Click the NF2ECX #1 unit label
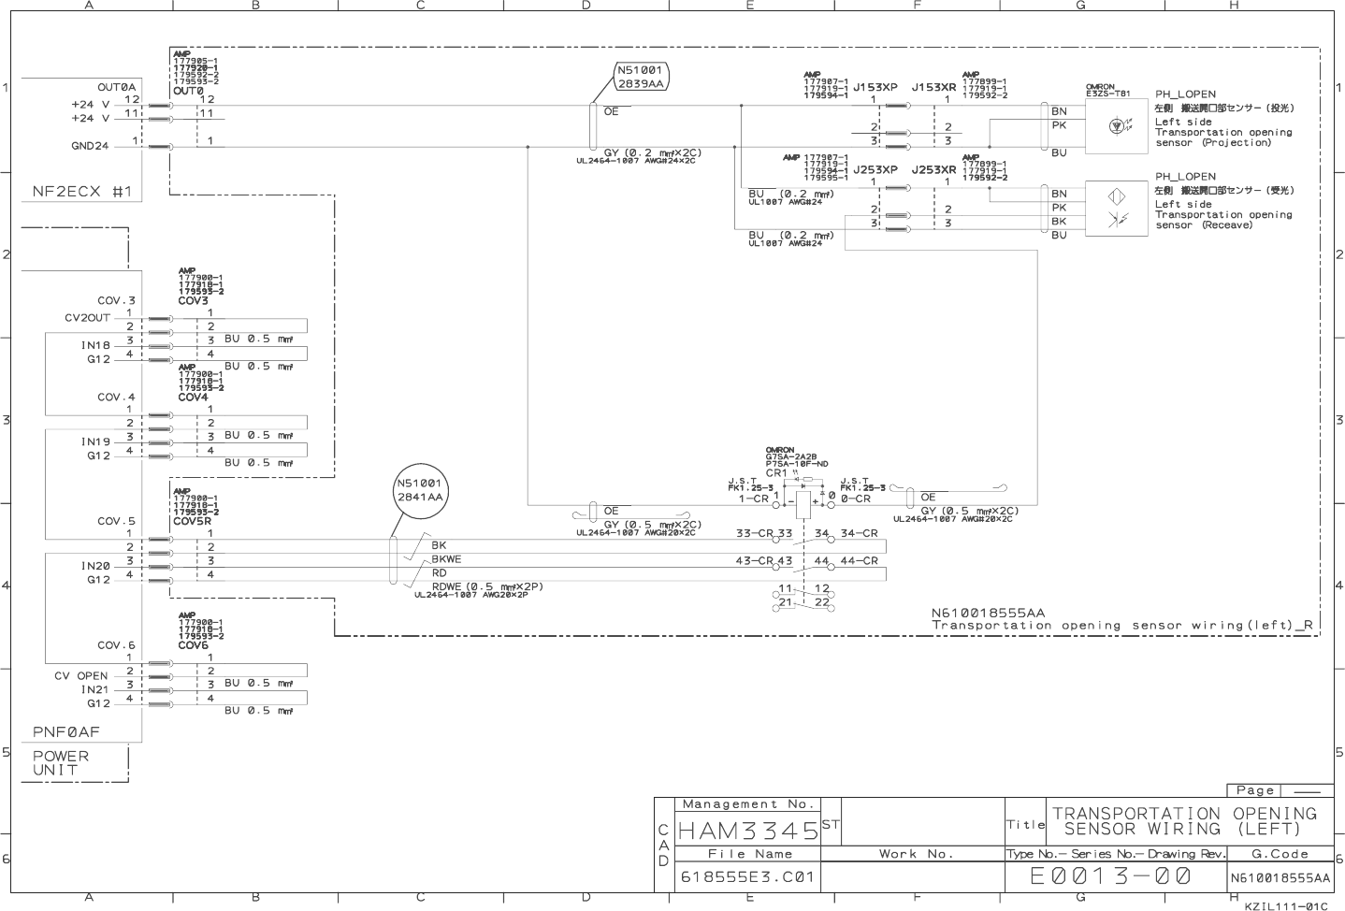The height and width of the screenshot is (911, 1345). pos(82,192)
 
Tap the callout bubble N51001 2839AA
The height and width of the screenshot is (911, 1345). pos(641,77)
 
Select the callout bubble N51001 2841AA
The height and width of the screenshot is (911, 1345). pos(420,490)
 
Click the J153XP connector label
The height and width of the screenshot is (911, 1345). pos(875,87)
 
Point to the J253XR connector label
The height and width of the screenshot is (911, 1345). pos(933,170)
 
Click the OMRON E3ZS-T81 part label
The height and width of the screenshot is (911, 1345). pos(1107,91)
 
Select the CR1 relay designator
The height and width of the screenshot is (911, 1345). pos(775,473)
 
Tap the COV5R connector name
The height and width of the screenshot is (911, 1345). pos(192,521)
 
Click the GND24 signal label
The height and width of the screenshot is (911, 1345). pos(90,146)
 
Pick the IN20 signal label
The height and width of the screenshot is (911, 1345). pos(95,566)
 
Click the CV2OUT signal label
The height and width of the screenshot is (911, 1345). pos(87,317)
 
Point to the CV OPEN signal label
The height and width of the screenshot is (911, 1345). pos(81,675)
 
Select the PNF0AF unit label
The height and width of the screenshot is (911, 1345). pos(65,731)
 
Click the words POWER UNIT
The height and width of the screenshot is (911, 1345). pos(61,763)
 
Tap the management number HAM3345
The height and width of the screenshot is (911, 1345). pos(748,830)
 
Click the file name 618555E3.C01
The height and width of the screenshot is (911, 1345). pos(747,877)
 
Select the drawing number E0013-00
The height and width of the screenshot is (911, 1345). pos(1110,876)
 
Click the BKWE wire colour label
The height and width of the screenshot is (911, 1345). pos(446,559)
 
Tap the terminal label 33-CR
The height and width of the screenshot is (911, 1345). pos(753,533)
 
